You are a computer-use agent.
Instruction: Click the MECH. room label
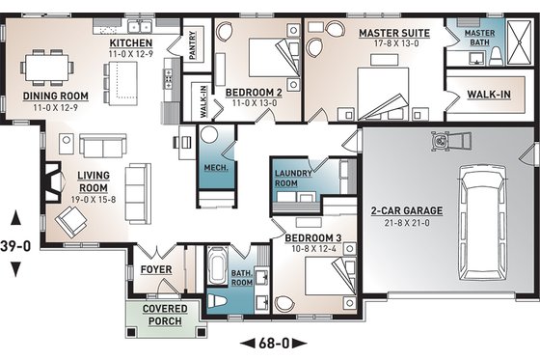(x=214, y=167)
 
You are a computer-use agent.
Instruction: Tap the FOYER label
(x=155, y=269)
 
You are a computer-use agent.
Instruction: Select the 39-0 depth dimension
(x=16, y=245)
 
